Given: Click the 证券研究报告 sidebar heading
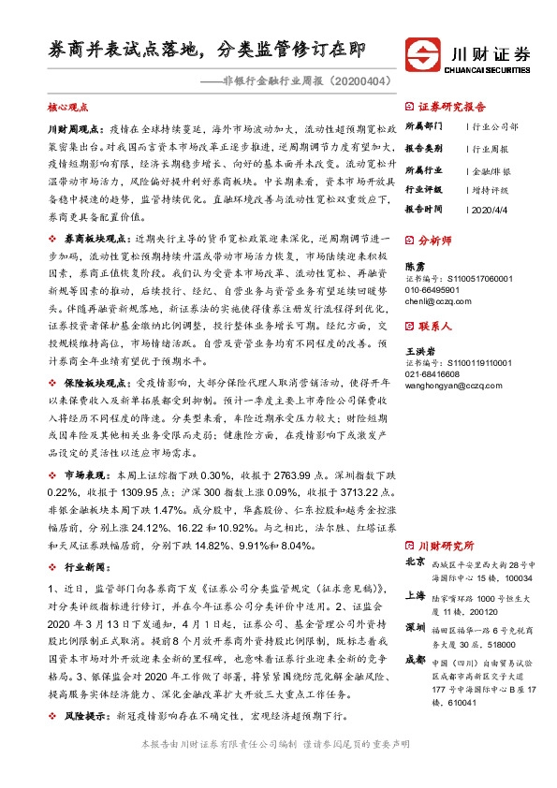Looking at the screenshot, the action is click(450, 107).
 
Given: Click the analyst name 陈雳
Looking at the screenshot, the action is click(413, 267).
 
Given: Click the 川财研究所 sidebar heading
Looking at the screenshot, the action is click(447, 545).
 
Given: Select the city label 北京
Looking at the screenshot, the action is click(416, 563).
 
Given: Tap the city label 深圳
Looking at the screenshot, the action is click(416, 626).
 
